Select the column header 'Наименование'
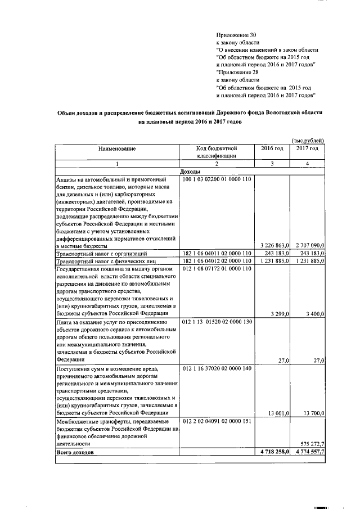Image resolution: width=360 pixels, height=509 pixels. [x=117, y=148]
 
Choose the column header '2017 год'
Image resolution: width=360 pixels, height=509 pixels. [x=307, y=148]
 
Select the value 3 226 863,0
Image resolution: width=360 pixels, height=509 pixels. [x=272, y=246]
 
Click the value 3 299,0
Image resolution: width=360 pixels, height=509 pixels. [x=280, y=313]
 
